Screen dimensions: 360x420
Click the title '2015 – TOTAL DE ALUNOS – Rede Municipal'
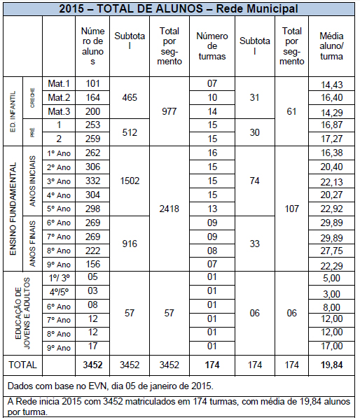pos(180,8)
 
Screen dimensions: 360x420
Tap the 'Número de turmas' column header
pos(212,45)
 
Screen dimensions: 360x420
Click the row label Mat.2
pos(60,97)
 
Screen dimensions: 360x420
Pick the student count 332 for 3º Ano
pos(92,181)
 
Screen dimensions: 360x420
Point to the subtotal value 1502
pos(130,181)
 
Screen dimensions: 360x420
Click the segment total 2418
pos(170,209)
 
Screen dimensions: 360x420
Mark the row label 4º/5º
pos(60,291)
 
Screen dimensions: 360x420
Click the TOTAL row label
pos(21,365)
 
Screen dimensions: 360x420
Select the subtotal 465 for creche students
pos(130,97)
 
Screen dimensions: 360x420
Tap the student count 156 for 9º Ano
pos(92,264)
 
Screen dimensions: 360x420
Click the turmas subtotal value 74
pos(255,181)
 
